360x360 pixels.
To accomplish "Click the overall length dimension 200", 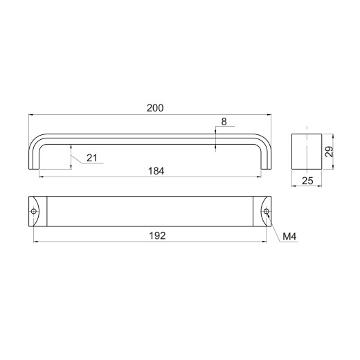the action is pos(155,108).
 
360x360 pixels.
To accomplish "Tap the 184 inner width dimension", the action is pos(156,171).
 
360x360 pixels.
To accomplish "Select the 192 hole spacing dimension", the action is pos(157,235).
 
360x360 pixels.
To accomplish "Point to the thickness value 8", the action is pos(224,122).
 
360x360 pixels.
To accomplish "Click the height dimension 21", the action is pos(92,158).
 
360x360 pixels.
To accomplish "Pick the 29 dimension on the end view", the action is pos(330,152).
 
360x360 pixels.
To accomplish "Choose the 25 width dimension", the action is pos(307,181).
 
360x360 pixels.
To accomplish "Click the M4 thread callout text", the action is pos(289,236).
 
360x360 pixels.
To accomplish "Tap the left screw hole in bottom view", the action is pos(34,211).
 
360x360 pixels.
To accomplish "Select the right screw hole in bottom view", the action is pos(267,211).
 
